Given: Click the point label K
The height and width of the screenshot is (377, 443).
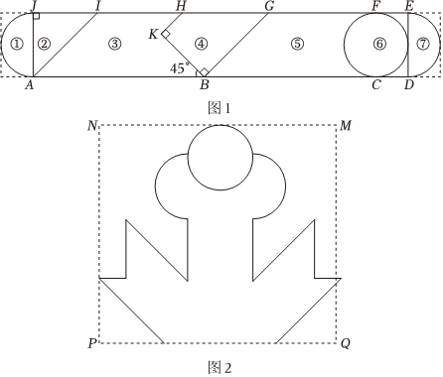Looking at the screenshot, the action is click(153, 34).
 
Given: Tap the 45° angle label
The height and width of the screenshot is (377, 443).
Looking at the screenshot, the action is click(180, 68).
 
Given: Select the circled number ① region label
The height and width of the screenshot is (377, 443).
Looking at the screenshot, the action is click(17, 44).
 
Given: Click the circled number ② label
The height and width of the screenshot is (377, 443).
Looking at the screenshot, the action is click(44, 44).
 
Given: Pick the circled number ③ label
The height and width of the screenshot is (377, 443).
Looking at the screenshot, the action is click(114, 44).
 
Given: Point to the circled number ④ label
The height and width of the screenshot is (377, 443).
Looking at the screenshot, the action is click(202, 44).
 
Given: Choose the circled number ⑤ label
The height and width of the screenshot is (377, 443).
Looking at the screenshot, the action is click(297, 44).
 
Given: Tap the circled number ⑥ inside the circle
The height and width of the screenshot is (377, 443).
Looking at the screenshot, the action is click(379, 44).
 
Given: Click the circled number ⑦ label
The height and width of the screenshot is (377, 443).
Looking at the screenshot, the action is click(423, 44).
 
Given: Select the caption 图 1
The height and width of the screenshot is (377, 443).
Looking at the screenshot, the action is click(219, 108).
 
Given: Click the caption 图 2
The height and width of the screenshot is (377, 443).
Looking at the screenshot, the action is click(220, 367).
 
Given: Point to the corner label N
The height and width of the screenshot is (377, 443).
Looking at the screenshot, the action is click(92, 126).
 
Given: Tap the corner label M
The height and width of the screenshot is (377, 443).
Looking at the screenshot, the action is click(346, 126).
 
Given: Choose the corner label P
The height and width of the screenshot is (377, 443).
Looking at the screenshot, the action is click(92, 343).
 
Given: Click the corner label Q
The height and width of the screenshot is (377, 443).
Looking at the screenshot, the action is click(346, 344).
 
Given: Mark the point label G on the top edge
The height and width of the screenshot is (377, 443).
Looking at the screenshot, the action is click(270, 6).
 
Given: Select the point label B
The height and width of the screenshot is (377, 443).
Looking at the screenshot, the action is click(205, 85).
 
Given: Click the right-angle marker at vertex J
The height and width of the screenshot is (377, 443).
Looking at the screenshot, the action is click(37, 16).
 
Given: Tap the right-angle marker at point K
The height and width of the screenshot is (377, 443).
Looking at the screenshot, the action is click(166, 34).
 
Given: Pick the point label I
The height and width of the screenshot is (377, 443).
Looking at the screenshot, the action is click(97, 6).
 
